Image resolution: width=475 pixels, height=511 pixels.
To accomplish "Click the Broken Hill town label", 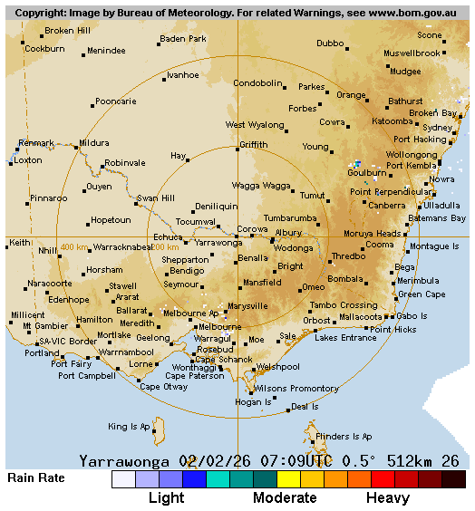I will tap(67, 31).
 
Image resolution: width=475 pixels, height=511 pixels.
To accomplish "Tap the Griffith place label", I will tap(254, 145).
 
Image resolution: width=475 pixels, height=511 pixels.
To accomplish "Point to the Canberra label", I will tap(387, 205).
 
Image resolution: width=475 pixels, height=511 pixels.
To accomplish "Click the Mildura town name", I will tap(93, 143).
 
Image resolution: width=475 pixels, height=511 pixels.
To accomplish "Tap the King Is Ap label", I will tap(129, 426).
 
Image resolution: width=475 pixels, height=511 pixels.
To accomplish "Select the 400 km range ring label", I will tap(74, 247).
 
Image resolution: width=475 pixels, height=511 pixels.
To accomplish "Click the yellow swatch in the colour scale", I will tap(288, 479).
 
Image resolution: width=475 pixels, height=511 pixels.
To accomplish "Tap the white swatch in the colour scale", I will tap(123, 479).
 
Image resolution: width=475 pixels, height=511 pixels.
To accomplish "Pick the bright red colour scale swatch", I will tap(383, 479).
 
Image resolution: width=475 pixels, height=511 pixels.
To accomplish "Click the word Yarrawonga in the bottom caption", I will tap(127, 460).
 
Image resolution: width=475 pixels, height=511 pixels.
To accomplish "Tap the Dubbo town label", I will tap(330, 43).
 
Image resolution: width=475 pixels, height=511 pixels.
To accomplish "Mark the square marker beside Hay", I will tap(188, 160).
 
